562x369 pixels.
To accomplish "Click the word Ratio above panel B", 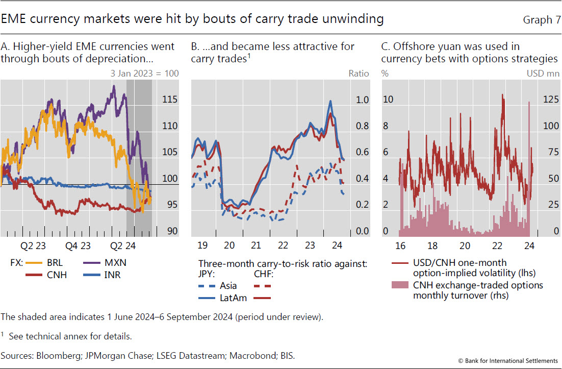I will pos(359,73).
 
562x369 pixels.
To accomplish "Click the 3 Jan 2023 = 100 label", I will pos(145,73).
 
